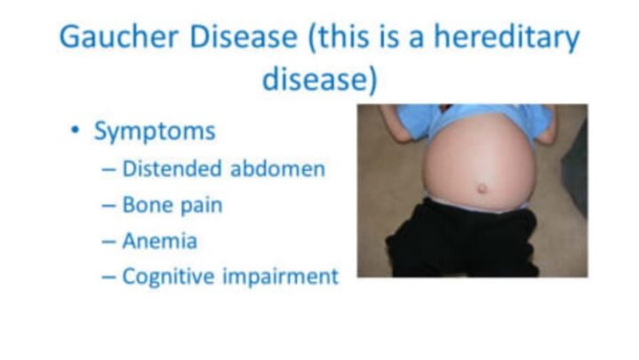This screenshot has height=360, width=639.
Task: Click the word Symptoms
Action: pos(155,132)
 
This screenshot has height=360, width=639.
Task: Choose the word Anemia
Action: pos(160,240)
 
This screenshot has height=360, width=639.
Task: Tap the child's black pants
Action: pos(462,244)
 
